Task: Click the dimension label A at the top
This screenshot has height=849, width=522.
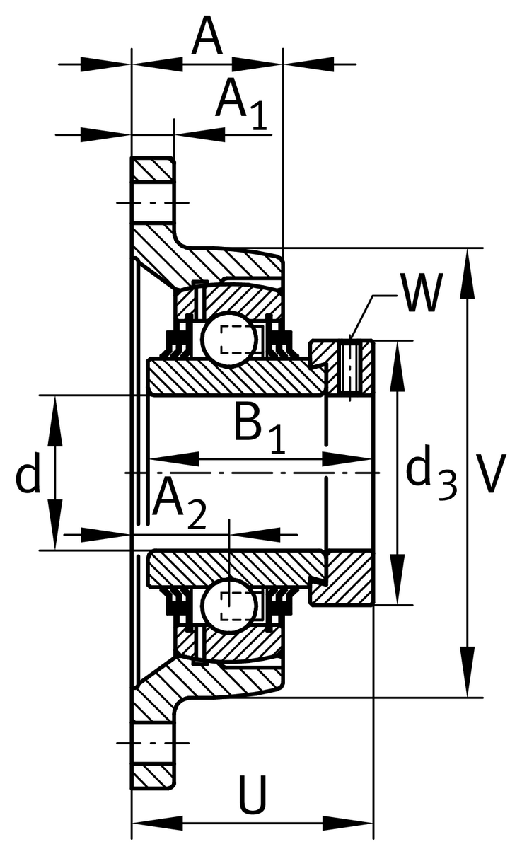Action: [x=207, y=37]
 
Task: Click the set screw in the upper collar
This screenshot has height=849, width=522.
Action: [x=349, y=367]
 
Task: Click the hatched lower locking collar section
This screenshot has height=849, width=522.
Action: [x=347, y=577]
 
